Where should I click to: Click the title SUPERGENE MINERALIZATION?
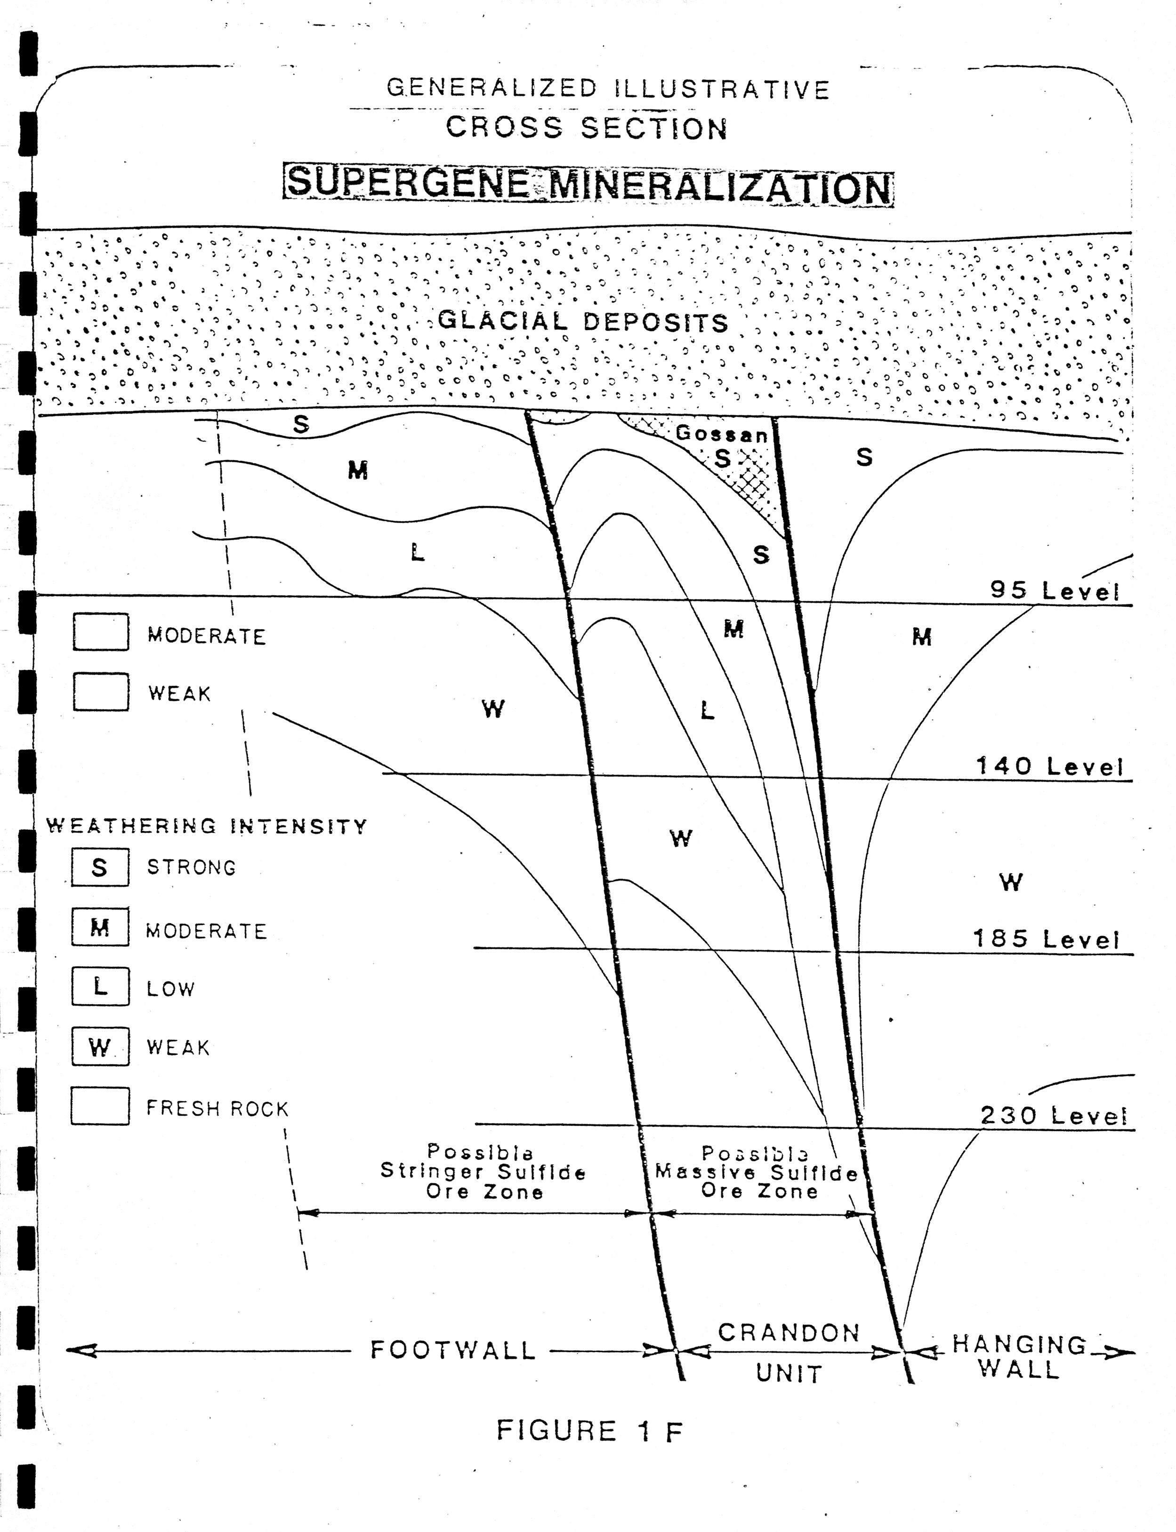pyautogui.click(x=588, y=185)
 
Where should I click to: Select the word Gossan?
pyautogui.click(x=721, y=433)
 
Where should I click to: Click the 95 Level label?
pyautogui.click(x=1054, y=591)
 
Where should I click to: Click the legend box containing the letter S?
pyautogui.click(x=100, y=867)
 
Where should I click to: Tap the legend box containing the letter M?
pyautogui.click(x=100, y=928)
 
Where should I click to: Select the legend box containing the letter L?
pyautogui.click(x=100, y=987)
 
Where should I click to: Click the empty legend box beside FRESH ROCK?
pyautogui.click(x=100, y=1106)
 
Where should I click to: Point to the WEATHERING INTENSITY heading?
pyautogui.click(x=207, y=827)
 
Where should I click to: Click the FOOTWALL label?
pyautogui.click(x=453, y=1350)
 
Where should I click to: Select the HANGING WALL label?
pyautogui.click(x=1019, y=1355)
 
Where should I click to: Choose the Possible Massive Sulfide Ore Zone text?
pyautogui.click(x=757, y=1172)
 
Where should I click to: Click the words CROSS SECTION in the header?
pyautogui.click(x=587, y=128)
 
